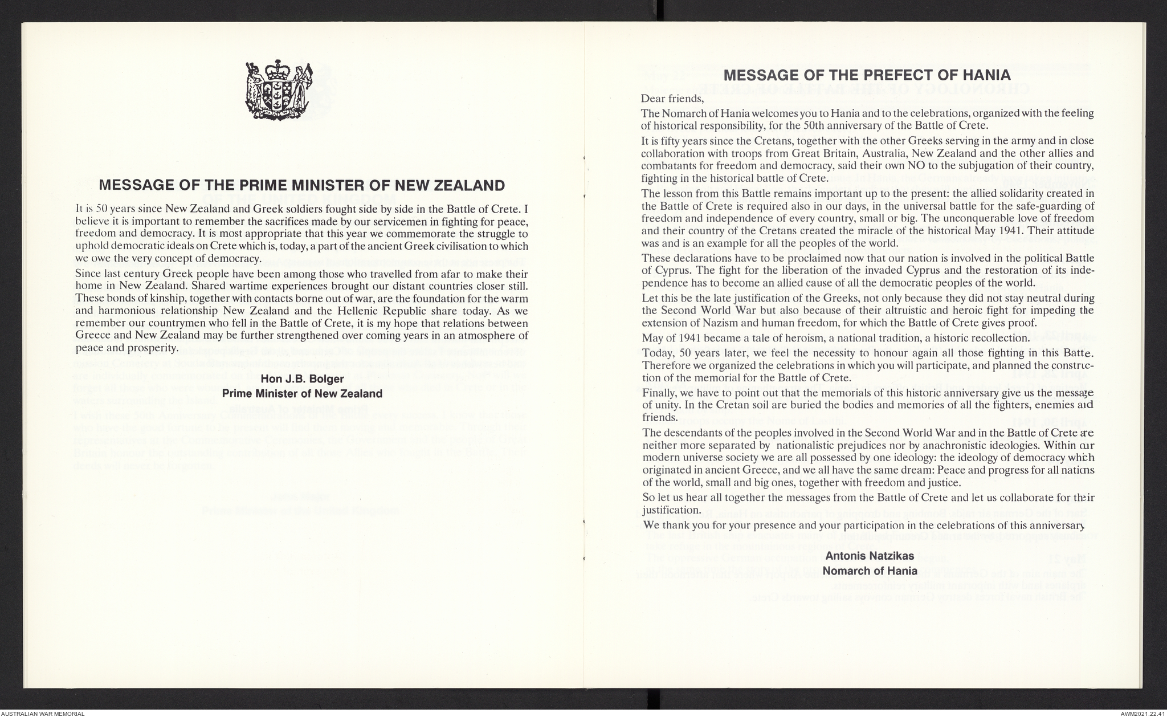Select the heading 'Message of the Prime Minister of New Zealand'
tap(302, 185)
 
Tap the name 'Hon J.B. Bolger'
tap(302, 379)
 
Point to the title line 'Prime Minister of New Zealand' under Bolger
tap(302, 394)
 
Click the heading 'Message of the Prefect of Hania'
tap(867, 75)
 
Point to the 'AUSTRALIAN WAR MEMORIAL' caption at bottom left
tap(43, 713)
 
